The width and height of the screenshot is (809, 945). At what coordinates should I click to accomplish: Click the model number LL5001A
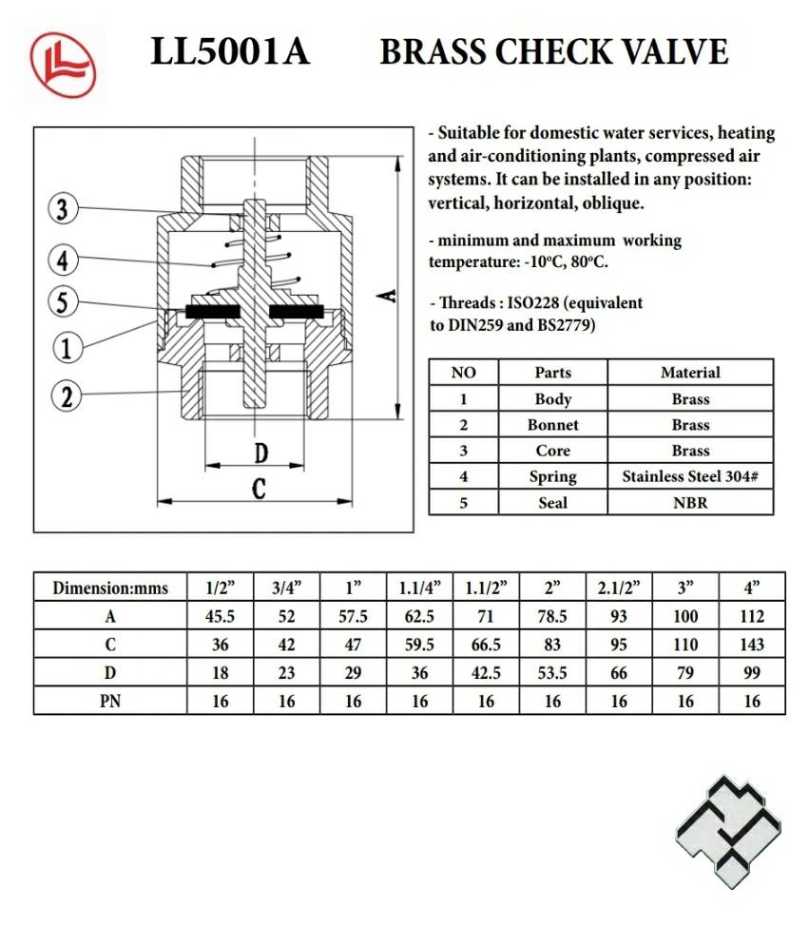click(230, 52)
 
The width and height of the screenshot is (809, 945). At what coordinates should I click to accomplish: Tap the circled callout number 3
click(63, 210)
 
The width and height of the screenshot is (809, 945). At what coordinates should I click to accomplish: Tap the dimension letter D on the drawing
click(260, 453)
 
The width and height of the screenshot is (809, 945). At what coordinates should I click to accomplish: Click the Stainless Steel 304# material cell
click(690, 476)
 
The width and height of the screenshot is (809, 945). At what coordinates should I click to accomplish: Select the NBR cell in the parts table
click(690, 502)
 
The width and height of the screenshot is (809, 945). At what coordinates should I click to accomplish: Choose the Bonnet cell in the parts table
click(552, 425)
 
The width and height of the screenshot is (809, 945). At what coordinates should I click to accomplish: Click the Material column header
click(690, 373)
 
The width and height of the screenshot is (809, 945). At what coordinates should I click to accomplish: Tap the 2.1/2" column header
click(619, 588)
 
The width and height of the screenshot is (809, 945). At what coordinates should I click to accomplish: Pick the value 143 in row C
click(751, 645)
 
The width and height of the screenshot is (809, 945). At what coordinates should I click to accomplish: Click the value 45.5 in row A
click(220, 616)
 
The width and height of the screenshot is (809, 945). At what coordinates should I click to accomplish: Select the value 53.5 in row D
click(552, 673)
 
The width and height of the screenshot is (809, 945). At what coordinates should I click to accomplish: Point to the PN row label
click(110, 702)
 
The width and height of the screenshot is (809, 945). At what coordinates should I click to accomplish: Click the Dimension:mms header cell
click(110, 588)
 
